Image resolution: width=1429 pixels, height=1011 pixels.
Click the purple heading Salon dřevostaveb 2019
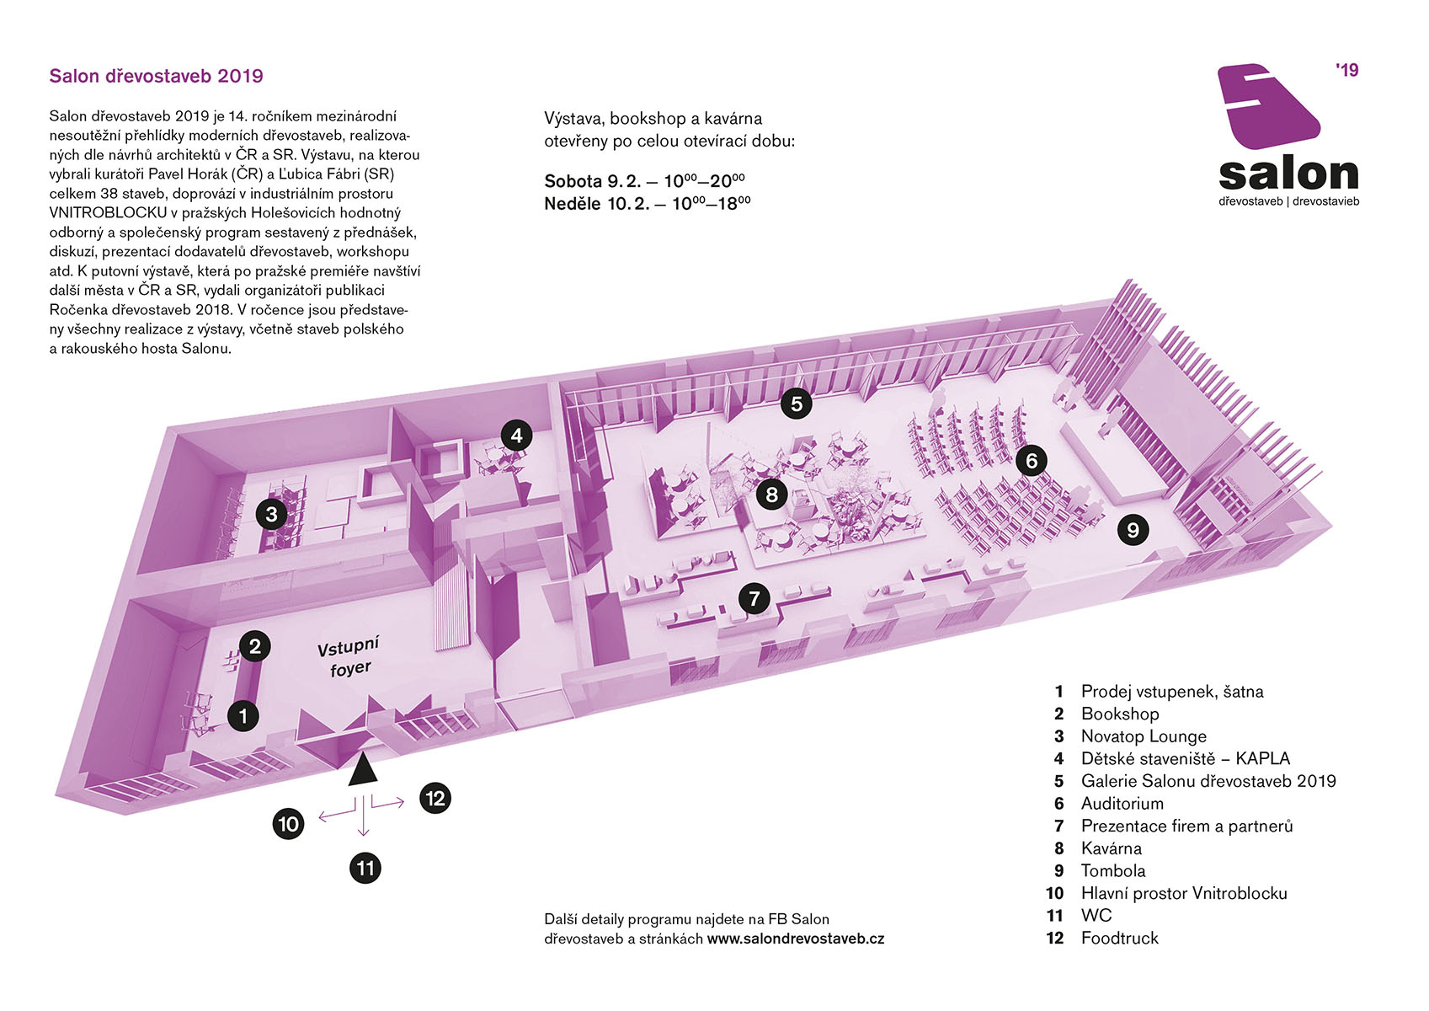pos(157,76)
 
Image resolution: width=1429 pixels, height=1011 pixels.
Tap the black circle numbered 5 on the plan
pos(796,404)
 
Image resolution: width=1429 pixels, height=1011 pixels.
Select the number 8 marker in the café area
pos(772,494)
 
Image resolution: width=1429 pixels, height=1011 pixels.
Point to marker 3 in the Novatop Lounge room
pos(272,514)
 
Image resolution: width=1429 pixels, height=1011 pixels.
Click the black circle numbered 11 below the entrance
pos(365,868)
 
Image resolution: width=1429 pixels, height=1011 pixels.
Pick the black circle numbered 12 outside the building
pos(435,798)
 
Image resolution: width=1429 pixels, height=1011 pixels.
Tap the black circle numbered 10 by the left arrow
pos(288,823)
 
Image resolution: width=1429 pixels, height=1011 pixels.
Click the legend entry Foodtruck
pos(1120,938)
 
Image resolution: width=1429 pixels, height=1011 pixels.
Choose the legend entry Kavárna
pos(1112,848)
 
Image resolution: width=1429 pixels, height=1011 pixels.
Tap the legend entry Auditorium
pos(1122,803)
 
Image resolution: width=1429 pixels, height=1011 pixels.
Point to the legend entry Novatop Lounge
pos(1144,736)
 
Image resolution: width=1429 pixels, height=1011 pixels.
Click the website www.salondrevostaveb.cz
pos(796,939)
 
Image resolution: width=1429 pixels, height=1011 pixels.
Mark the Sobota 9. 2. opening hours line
pos(644,180)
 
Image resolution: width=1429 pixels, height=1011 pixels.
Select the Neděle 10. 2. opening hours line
pos(647,204)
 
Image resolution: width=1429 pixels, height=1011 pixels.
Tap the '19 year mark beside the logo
pos(1346,70)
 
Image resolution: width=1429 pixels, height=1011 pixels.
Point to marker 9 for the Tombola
pos(1133,530)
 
